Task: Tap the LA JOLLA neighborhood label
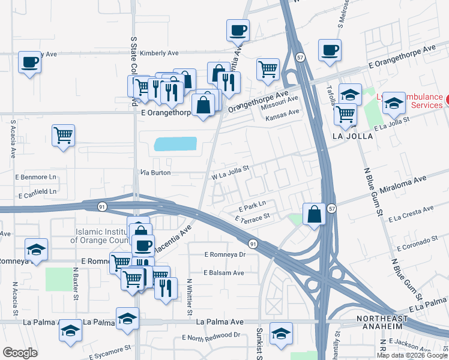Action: (352, 136)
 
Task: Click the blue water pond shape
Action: (175, 144)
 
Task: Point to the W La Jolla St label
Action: (230, 173)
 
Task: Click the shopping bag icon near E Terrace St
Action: (314, 214)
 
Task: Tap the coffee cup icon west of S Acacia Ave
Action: (29, 62)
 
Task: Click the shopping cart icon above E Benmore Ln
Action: (63, 134)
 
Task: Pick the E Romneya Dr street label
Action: (225, 254)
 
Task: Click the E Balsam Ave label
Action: (223, 272)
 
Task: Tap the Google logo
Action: (20, 352)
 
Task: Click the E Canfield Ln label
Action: (37, 195)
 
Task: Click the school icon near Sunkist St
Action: (281, 333)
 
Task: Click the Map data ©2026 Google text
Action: (411, 355)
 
